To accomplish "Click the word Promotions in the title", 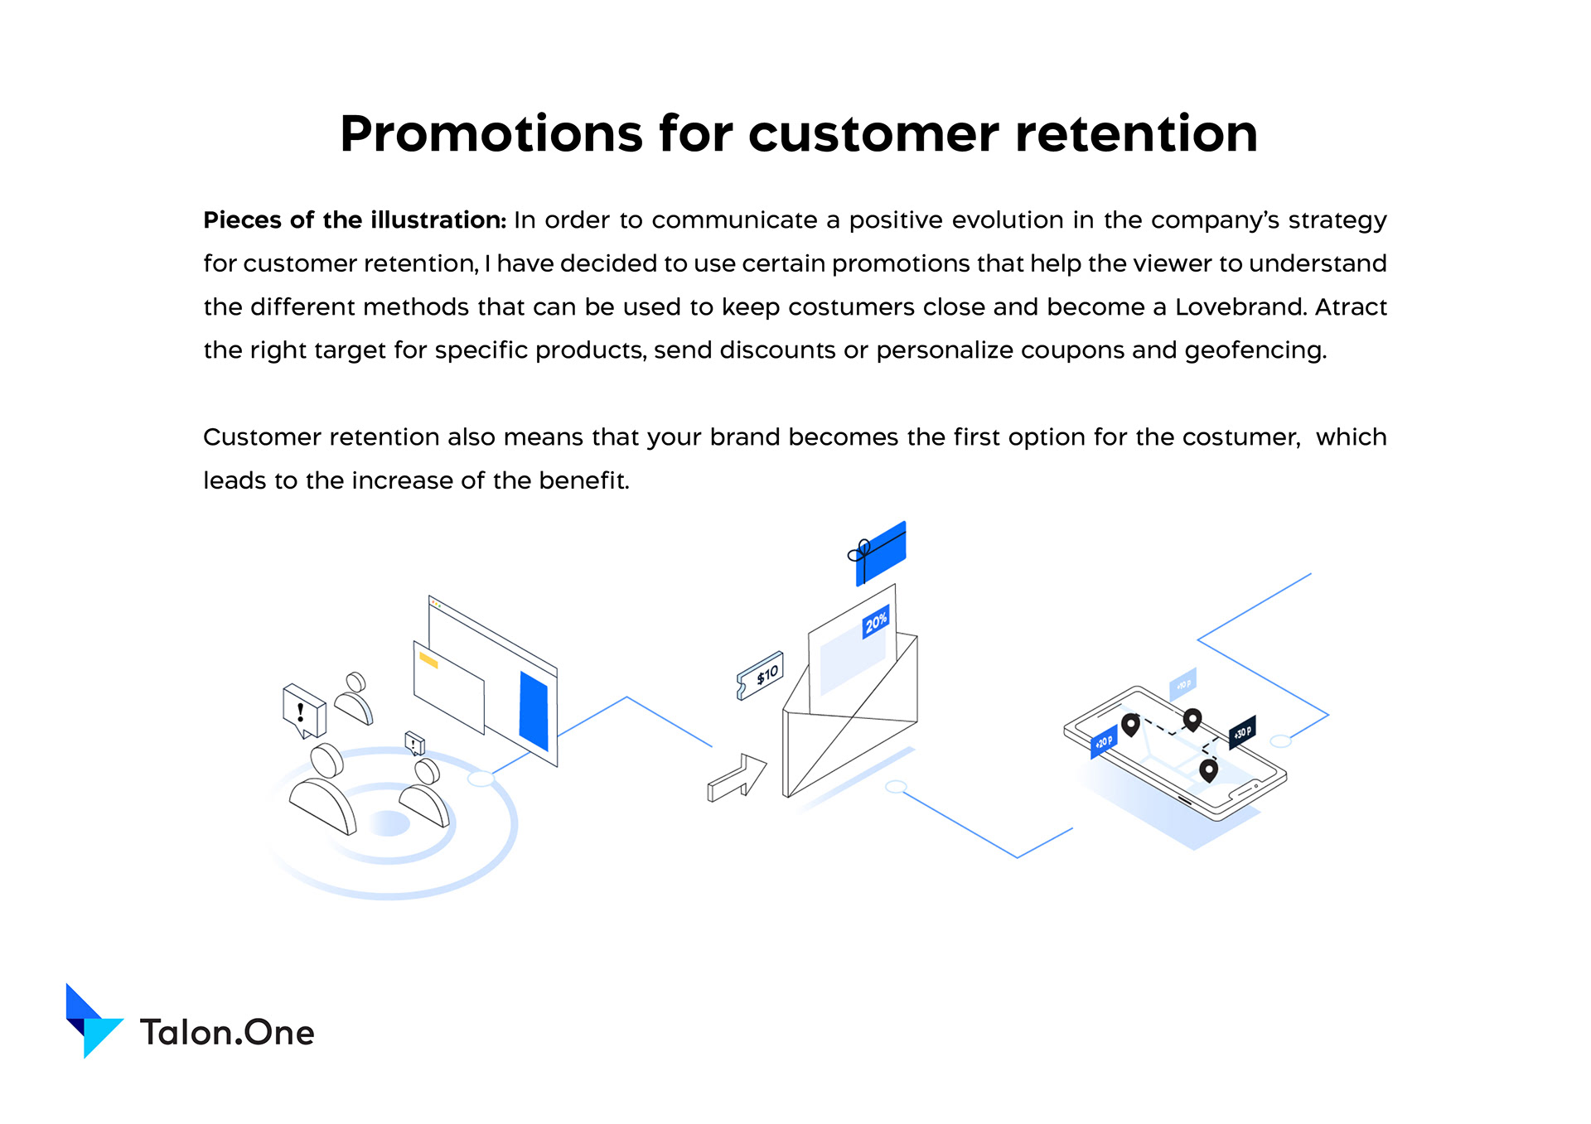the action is [x=491, y=134].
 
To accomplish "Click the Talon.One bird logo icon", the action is [x=94, y=1020].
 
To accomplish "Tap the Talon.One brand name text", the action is [x=227, y=1033].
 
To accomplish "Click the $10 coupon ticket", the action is [x=760, y=675].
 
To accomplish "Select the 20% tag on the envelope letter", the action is [x=876, y=621].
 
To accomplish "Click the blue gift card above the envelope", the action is [x=878, y=553].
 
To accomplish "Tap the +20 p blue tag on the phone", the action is [x=1104, y=741].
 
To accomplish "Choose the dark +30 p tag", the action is [x=1242, y=733].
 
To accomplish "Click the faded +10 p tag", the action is [x=1183, y=684].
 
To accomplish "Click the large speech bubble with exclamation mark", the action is [x=304, y=710].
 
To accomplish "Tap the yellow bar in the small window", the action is [x=428, y=660].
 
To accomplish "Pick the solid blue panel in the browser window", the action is [x=534, y=711].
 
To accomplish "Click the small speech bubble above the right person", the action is [x=414, y=743].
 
